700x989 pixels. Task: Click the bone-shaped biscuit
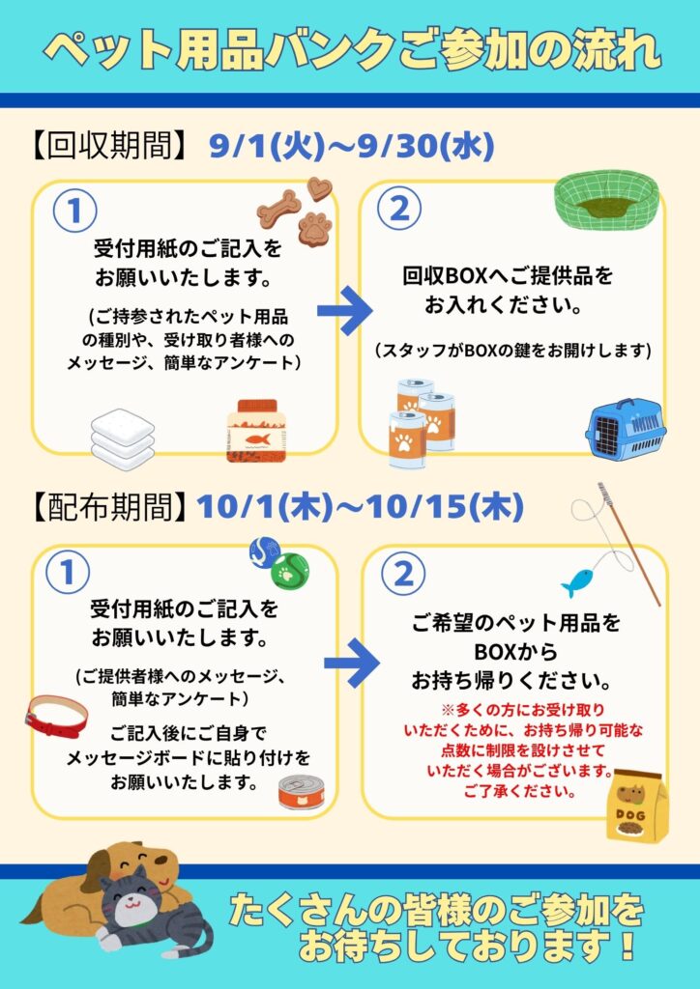(x=277, y=210)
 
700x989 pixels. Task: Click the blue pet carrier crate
(x=625, y=428)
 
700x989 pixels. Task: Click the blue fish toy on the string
(x=578, y=582)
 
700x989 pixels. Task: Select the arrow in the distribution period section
(x=352, y=663)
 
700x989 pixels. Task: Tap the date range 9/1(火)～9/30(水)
(x=352, y=148)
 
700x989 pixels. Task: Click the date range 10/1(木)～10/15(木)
(x=360, y=507)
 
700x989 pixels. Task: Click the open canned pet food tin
(x=302, y=792)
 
